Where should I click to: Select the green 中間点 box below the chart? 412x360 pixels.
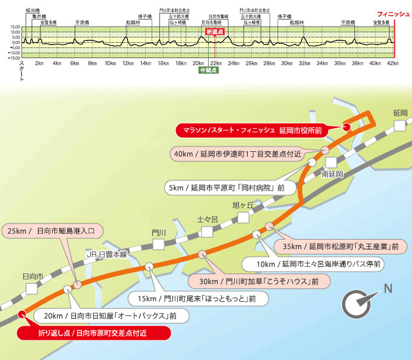point(209,69)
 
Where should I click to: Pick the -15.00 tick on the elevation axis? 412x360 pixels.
point(15,58)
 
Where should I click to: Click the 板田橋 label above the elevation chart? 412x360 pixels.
point(32,11)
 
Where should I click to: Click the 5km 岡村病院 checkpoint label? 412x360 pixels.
point(228,188)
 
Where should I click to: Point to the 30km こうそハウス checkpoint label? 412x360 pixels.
point(257,281)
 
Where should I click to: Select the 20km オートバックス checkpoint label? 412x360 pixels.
point(112,316)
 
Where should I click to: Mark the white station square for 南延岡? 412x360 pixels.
point(330,163)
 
